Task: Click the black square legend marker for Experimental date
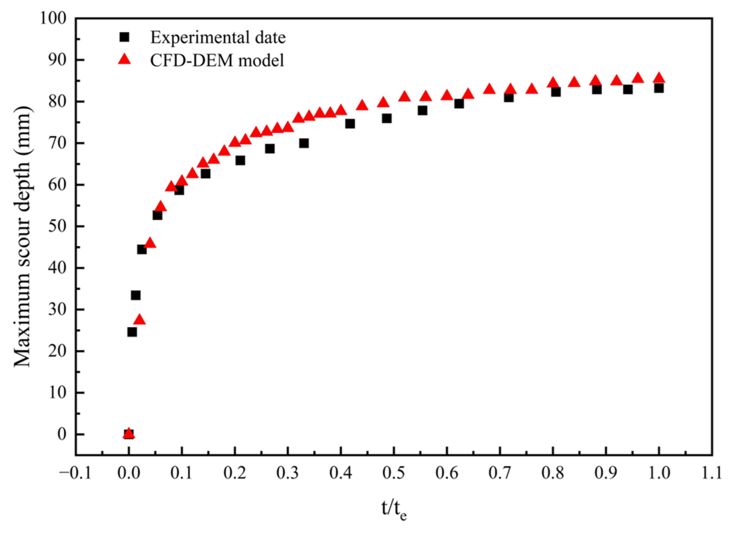pyautogui.click(x=124, y=37)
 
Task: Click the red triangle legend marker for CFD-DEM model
pyautogui.click(x=124, y=60)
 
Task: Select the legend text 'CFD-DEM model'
pyautogui.click(x=217, y=60)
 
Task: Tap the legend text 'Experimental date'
pyautogui.click(x=218, y=38)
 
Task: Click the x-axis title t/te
pyautogui.click(x=394, y=510)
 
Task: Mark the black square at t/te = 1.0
pyautogui.click(x=659, y=88)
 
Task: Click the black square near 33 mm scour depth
pyautogui.click(x=136, y=295)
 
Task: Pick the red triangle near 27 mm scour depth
pyautogui.click(x=140, y=320)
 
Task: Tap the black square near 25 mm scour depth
pyautogui.click(x=132, y=332)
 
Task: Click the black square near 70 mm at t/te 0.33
pyautogui.click(x=304, y=143)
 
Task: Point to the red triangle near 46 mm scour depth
pyautogui.click(x=150, y=243)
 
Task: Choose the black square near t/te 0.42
pyautogui.click(x=350, y=124)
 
